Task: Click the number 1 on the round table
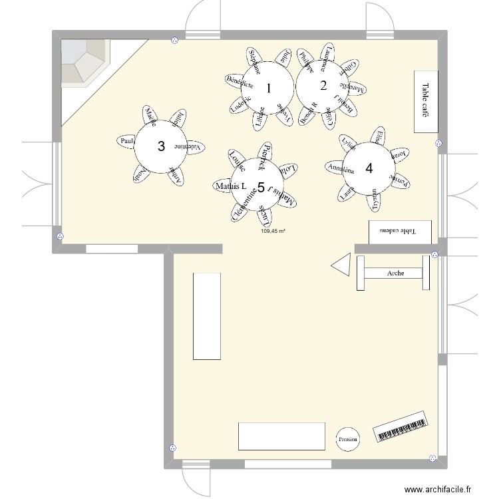269,88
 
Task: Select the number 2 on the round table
323,85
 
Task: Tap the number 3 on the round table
160,146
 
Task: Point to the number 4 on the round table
369,168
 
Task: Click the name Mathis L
230,187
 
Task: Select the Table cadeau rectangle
400,232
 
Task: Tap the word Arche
395,273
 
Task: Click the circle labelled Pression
347,439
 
